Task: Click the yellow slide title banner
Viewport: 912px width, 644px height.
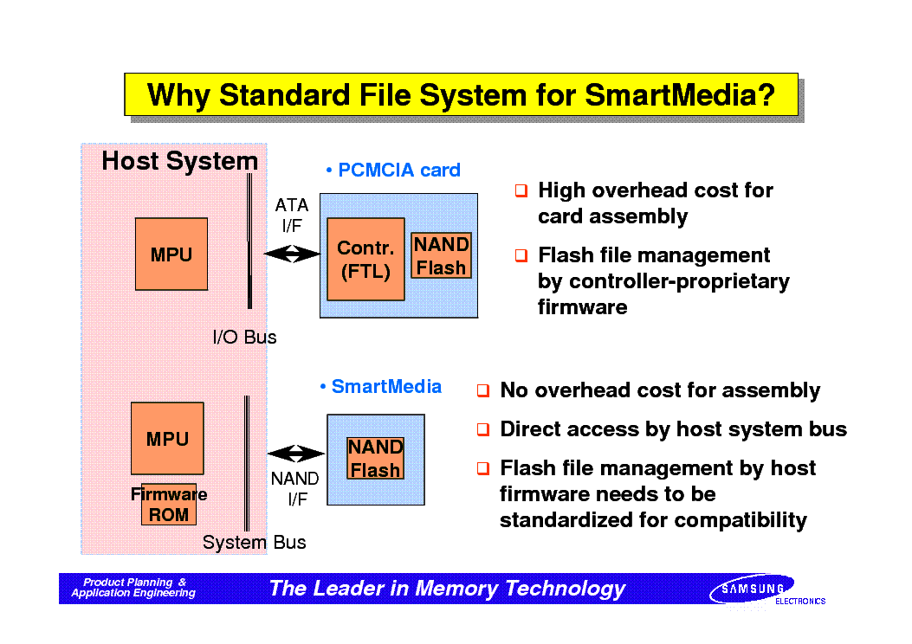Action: (461, 94)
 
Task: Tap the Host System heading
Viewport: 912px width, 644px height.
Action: (180, 161)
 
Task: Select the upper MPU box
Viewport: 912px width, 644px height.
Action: (171, 254)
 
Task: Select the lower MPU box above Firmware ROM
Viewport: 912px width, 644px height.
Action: (167, 438)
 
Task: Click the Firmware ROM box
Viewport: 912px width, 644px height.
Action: (169, 505)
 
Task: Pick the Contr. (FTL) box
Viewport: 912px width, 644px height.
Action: (365, 259)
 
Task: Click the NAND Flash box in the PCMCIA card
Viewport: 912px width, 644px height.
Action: (441, 255)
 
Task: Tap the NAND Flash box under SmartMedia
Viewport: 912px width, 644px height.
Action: (375, 458)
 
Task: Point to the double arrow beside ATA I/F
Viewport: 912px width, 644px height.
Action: (291, 254)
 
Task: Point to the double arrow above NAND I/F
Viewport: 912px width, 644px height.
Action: (296, 454)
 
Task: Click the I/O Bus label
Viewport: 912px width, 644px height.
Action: (244, 337)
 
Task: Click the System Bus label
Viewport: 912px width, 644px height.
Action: (254, 542)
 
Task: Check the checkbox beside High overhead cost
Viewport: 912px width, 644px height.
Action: (521, 190)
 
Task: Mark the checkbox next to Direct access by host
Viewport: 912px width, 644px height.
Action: (483, 429)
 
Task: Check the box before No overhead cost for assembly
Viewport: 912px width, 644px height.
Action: (483, 390)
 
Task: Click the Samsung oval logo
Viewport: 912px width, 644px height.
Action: (752, 589)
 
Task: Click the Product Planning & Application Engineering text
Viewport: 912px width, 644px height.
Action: (133, 588)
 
